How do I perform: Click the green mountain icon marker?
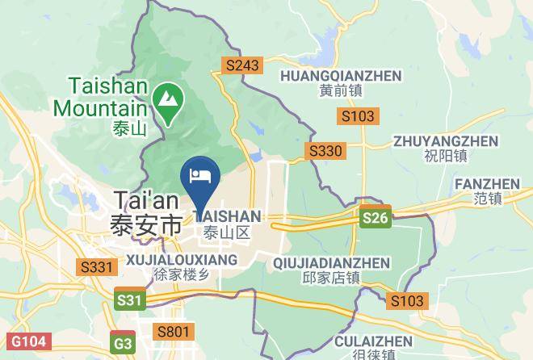tap(169, 99)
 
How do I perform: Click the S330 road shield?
tap(325, 151)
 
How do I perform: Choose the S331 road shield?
tap(94, 266)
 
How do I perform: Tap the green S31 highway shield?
tap(128, 300)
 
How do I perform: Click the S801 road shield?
tap(174, 331)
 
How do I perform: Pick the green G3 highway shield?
tap(123, 342)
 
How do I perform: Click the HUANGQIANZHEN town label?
tap(340, 75)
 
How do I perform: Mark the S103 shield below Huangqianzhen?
tap(357, 116)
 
